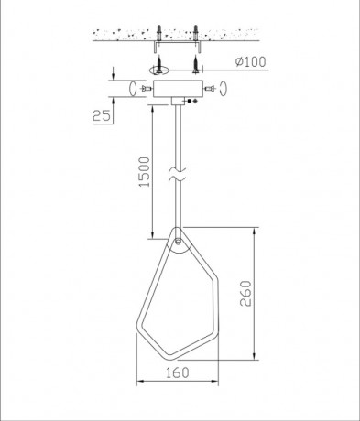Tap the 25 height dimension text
[103, 116]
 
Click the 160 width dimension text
[178, 374]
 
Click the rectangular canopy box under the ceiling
[175, 89]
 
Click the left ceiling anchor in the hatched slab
[159, 34]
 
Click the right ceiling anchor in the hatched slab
[196, 34]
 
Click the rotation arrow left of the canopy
[133, 89]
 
